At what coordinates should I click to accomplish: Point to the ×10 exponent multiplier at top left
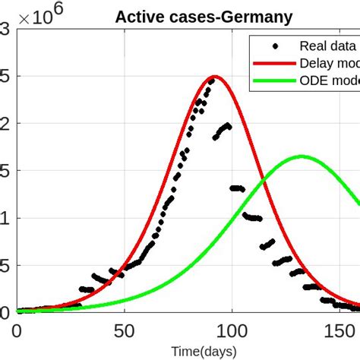(x=42, y=16)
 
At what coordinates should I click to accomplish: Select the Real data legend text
(x=327, y=46)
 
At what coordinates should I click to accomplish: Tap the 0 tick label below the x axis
(x=17, y=331)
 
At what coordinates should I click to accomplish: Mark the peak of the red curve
(x=215, y=76)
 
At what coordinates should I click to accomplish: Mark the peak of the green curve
(x=302, y=156)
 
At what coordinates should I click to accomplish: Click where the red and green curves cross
(x=263, y=179)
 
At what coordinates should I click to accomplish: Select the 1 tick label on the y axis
(x=6, y=218)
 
